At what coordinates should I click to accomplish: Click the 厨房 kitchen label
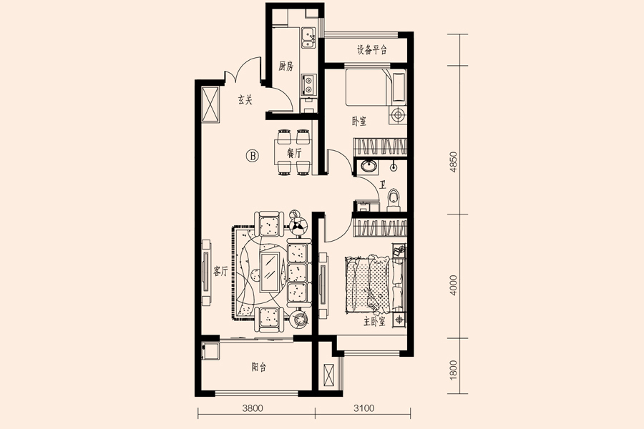click(286, 66)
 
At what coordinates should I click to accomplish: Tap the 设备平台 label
click(371, 50)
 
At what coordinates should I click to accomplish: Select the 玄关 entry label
click(245, 100)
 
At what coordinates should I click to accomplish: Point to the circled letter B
click(253, 156)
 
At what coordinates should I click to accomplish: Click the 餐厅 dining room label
click(294, 154)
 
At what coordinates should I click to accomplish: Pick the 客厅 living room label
click(220, 271)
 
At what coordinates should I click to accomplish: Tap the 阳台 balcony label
click(259, 367)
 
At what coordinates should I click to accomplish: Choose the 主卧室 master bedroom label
click(374, 322)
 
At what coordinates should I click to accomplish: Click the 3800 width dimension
click(253, 408)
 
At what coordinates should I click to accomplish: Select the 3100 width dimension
click(364, 408)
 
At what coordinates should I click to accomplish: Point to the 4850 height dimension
click(454, 162)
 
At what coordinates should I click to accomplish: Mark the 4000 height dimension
click(454, 285)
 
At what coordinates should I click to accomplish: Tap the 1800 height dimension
click(454, 370)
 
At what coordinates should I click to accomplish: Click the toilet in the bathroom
click(394, 199)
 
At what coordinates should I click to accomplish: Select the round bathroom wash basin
click(369, 166)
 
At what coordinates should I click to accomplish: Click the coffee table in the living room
click(270, 272)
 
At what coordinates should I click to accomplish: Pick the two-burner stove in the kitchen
click(308, 84)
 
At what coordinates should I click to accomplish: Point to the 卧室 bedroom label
click(359, 122)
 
